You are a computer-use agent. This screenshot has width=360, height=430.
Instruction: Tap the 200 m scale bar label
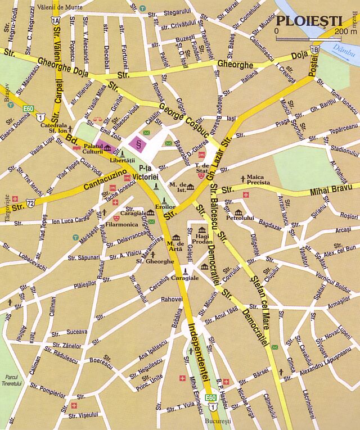pos(345,31)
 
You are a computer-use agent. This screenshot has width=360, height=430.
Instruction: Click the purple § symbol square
pos(138,143)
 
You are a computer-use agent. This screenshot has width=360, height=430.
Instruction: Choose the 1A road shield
pos(55,20)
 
